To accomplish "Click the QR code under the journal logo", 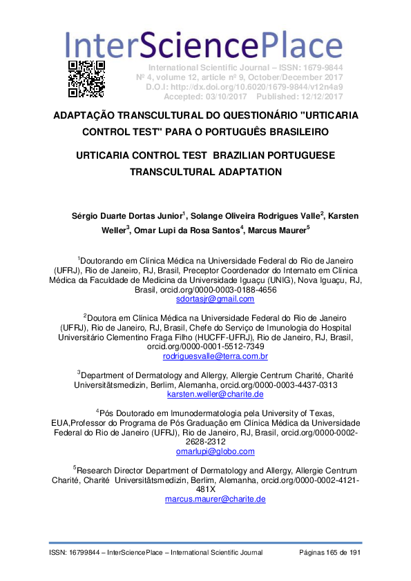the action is click(86, 78).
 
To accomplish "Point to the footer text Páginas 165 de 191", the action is click(330, 553).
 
